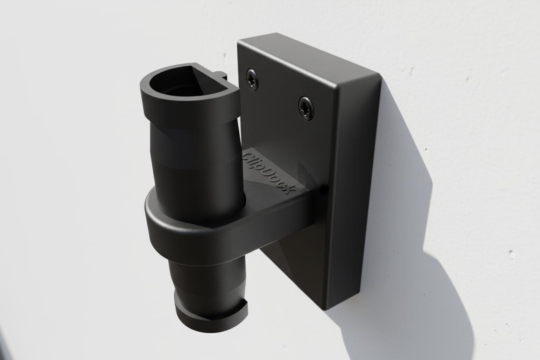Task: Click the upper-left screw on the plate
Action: (x=252, y=79)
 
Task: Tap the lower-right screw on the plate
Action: (x=306, y=108)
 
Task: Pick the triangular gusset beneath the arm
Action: (x=290, y=260)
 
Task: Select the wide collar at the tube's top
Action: (x=190, y=108)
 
